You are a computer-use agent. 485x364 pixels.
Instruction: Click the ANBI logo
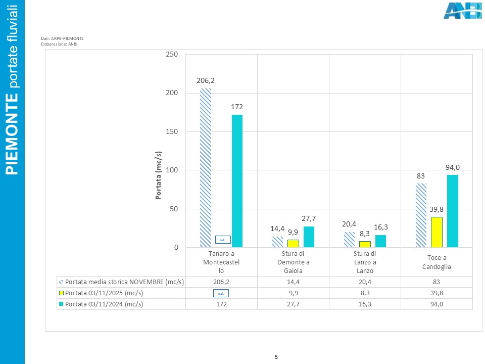[x=462, y=11]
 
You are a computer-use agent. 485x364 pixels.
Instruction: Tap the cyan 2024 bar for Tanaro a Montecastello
[x=237, y=181]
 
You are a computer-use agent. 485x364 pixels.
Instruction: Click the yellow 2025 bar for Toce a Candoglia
[x=437, y=232]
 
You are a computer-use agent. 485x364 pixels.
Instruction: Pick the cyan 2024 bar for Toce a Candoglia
[x=453, y=211]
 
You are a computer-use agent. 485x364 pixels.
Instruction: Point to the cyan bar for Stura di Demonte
[x=309, y=237]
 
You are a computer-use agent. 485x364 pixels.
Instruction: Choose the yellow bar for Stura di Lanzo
[x=365, y=244]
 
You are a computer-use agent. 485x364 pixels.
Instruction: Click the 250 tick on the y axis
[x=172, y=54]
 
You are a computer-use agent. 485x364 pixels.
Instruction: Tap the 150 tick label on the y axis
[x=172, y=131]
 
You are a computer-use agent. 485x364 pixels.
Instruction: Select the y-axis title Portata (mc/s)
[x=159, y=175]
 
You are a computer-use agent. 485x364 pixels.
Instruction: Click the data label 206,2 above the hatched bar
[x=206, y=80]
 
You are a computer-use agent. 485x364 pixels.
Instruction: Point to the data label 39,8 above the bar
[x=437, y=209]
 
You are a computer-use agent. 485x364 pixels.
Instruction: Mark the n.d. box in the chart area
[x=222, y=240]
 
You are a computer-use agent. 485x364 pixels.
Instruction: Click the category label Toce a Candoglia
[x=437, y=262]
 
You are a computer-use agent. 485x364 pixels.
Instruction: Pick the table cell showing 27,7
[x=293, y=304]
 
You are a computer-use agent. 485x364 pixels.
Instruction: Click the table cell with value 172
[x=221, y=304]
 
